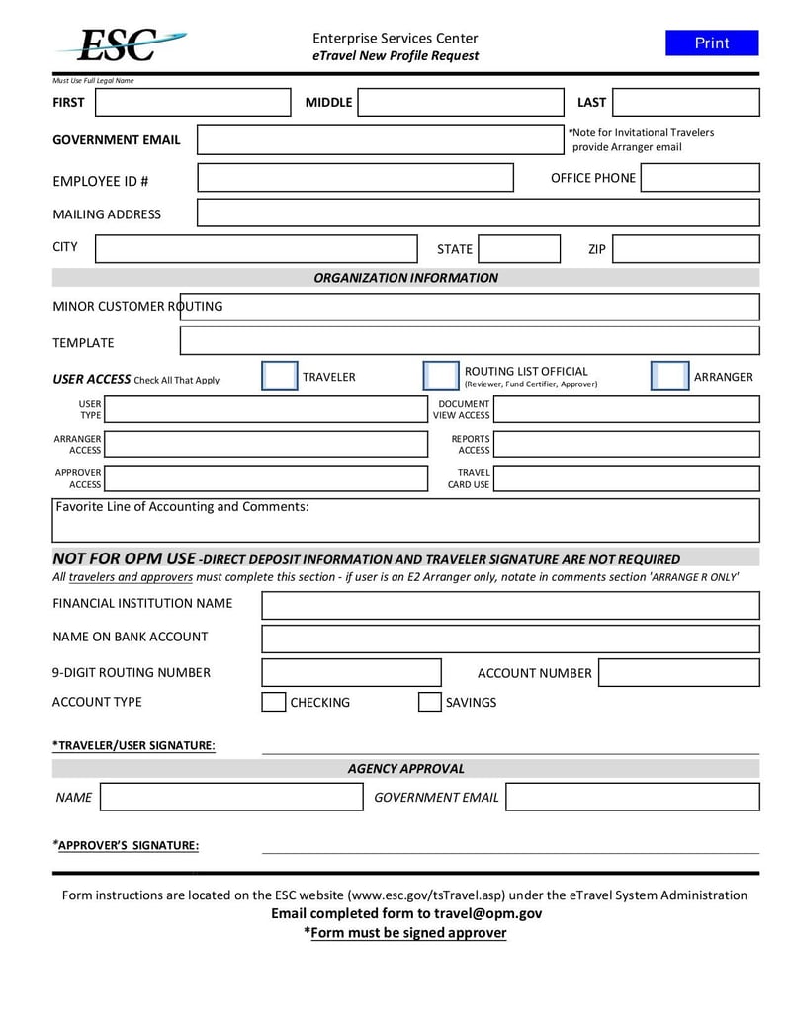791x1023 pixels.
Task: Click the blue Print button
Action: tap(711, 43)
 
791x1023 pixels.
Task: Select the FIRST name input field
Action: tap(193, 103)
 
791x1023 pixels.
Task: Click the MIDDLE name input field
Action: tap(460, 103)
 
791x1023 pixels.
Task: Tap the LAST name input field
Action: tap(685, 103)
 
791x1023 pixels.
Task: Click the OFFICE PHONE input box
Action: tap(700, 178)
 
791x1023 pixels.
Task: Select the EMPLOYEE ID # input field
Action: tap(355, 178)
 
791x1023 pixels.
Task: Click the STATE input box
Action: tap(519, 249)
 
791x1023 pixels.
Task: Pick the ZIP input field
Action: tap(685, 249)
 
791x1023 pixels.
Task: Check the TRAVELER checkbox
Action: tap(279, 377)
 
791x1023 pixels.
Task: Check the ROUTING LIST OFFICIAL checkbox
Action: tap(440, 377)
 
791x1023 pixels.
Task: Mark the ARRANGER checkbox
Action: tap(669, 377)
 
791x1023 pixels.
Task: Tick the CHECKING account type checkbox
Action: tap(273, 703)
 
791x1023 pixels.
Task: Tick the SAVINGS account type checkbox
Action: tap(429, 703)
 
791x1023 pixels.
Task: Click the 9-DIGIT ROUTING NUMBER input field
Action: tap(351, 673)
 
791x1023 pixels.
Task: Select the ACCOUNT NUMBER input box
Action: tap(678, 673)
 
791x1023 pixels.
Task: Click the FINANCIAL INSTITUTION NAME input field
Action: tap(510, 605)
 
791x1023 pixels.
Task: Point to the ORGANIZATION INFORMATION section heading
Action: tap(405, 278)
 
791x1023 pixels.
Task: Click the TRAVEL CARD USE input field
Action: tap(626, 479)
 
